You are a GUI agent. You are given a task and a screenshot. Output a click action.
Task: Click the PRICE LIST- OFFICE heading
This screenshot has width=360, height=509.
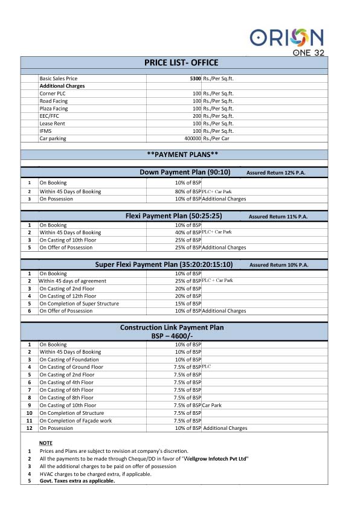point(181,63)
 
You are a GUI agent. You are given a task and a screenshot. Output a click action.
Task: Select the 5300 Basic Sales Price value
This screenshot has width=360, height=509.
point(195,78)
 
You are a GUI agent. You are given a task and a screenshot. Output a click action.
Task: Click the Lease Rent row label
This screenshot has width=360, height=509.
point(52,123)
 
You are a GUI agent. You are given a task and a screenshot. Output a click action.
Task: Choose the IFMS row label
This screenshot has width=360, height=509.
point(46,131)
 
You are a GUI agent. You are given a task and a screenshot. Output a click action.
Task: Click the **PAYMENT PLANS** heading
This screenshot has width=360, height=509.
point(181,154)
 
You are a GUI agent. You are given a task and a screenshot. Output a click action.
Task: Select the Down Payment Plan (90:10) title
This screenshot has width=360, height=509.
point(185,172)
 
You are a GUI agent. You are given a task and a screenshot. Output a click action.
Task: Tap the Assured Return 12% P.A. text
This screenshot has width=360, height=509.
point(275,173)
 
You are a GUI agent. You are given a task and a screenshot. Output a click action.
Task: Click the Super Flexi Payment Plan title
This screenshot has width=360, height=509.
point(164,264)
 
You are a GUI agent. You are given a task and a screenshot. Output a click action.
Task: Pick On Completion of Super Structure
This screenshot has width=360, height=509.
point(79,304)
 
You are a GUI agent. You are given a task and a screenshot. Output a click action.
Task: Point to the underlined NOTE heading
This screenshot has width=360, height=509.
point(46,443)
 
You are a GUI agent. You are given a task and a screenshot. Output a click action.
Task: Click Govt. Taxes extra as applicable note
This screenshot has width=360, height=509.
point(77,481)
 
